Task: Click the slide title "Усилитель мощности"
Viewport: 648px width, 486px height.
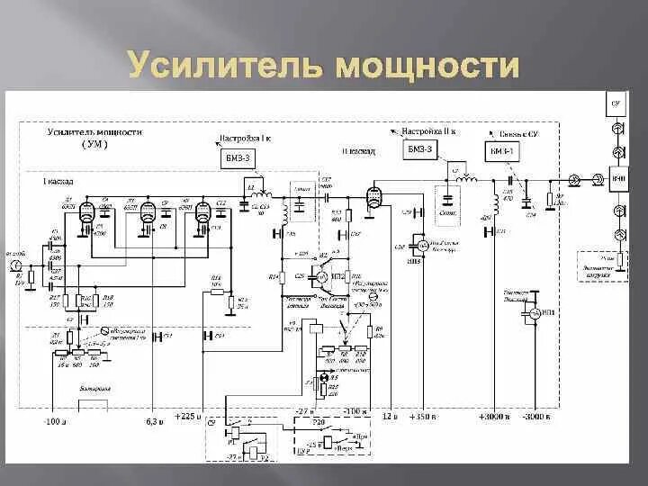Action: tap(324, 66)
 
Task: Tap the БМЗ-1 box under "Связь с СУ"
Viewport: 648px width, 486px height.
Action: tap(501, 151)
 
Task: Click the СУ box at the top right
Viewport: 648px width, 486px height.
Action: tap(616, 104)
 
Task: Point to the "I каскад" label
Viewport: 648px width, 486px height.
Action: tap(56, 182)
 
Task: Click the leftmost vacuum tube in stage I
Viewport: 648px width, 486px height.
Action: tap(86, 212)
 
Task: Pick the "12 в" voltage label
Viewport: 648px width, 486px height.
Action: tap(389, 417)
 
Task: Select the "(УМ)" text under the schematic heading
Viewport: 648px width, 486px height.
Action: tap(94, 144)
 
